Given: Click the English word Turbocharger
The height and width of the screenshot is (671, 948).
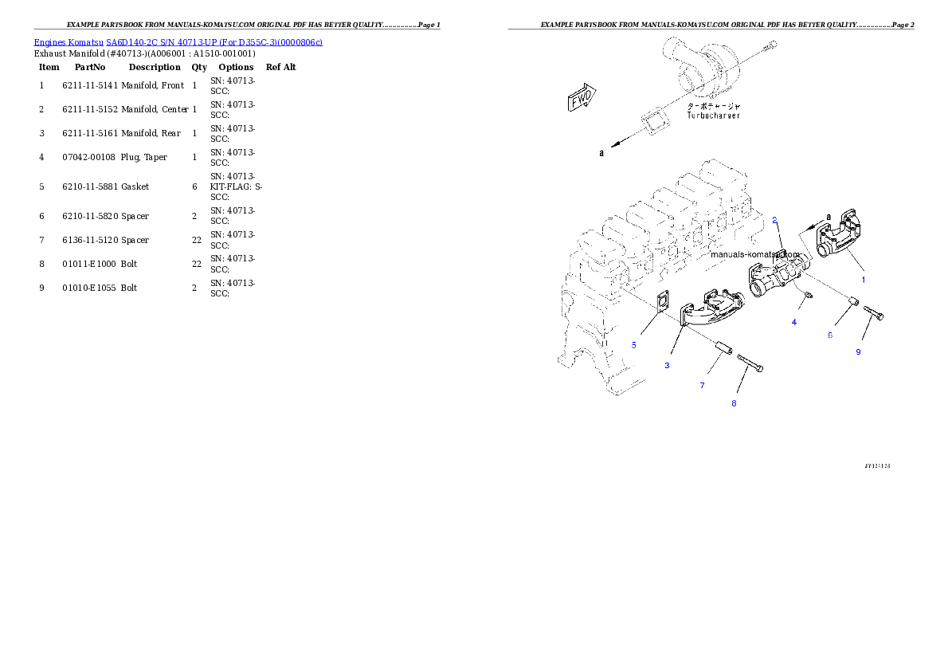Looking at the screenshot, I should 713,116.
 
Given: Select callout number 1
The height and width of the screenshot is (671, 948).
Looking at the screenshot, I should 863,280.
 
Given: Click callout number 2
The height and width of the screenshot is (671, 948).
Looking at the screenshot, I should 774,220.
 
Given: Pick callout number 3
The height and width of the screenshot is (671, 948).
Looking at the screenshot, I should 667,365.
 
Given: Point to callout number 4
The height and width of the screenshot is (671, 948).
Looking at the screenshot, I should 793,322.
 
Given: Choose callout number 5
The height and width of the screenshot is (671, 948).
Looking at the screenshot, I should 633,345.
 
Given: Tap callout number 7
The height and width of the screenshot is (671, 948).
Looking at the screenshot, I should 702,386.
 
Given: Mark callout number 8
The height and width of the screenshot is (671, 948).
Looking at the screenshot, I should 734,403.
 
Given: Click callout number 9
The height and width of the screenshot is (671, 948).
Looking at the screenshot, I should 858,352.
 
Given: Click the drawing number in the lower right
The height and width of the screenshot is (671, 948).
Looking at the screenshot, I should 876,465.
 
